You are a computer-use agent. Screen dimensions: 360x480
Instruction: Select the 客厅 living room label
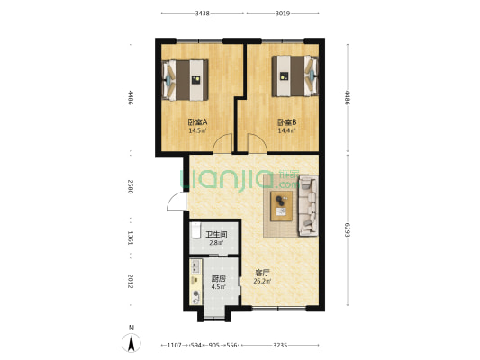click(263, 272)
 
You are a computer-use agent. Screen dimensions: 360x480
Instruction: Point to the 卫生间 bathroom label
click(215, 234)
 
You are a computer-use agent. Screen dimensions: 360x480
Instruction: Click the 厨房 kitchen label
click(218, 279)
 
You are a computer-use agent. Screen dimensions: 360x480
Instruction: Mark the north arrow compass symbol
click(131, 341)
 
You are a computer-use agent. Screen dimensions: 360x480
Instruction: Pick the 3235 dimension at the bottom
click(281, 345)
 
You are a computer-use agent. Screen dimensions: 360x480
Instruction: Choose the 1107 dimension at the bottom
click(176, 345)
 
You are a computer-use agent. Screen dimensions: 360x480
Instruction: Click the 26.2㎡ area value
click(263, 281)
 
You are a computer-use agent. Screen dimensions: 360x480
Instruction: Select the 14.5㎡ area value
click(197, 130)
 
